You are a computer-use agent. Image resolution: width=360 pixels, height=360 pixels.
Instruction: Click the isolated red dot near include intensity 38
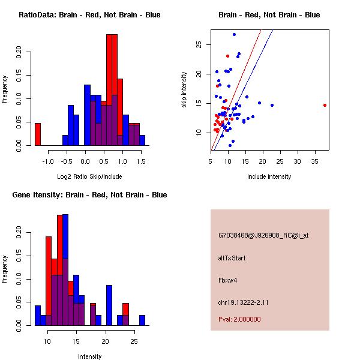[x=325, y=105]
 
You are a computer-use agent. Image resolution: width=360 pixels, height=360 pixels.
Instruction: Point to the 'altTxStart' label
[x=232, y=258]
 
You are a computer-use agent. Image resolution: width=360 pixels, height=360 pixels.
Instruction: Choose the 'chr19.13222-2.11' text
[x=243, y=302]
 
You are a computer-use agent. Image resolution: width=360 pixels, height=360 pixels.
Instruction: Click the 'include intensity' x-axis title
[x=269, y=176]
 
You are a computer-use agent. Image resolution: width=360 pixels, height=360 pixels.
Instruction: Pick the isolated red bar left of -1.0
[x=38, y=134]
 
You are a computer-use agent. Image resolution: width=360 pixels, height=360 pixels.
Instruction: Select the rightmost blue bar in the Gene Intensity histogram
[x=142, y=320]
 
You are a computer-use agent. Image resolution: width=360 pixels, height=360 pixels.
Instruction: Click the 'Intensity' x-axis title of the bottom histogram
[x=89, y=356]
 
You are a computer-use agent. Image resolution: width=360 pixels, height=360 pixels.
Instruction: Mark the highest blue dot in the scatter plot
[x=234, y=34]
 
